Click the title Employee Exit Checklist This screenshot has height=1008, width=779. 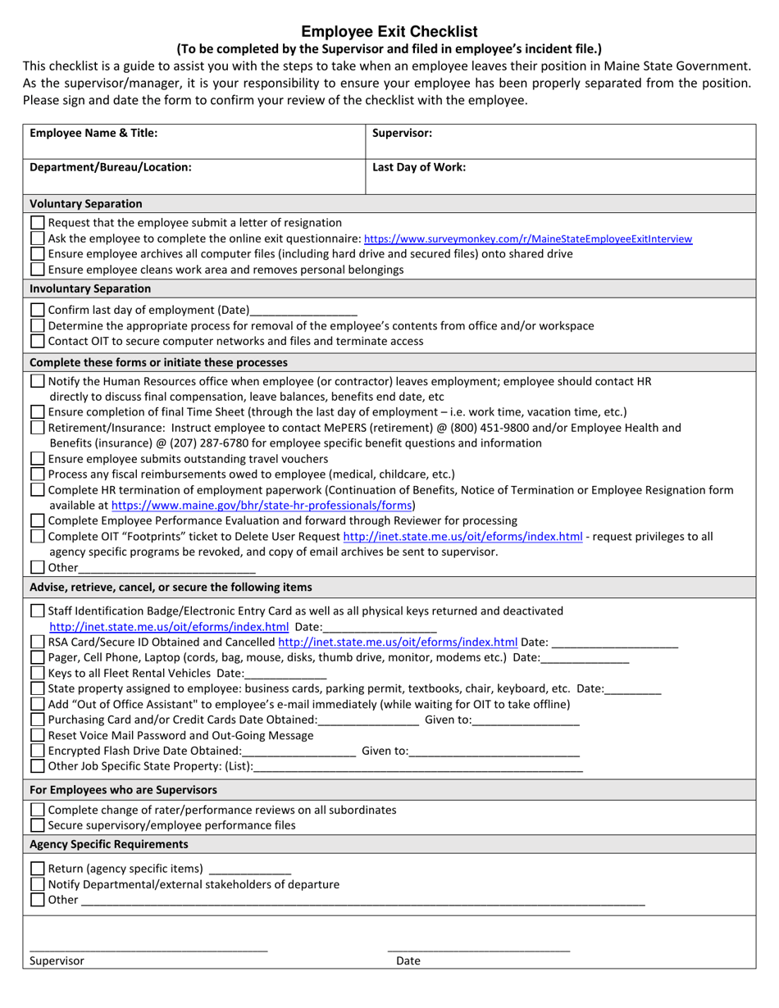tap(389, 32)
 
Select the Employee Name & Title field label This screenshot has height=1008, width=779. tap(93, 133)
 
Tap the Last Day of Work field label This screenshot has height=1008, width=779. tap(419, 167)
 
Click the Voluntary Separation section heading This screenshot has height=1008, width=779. tap(86, 203)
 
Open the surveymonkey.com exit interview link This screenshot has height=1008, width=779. tap(527, 239)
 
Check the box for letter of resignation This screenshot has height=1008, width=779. tap(38, 223)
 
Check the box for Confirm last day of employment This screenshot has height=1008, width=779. tap(38, 311)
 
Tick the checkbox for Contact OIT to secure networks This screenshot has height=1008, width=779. tap(38, 341)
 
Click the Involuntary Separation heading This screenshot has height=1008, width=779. tap(90, 288)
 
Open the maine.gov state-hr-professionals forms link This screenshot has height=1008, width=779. tap(262, 506)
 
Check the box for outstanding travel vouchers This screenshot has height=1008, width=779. tap(38, 459)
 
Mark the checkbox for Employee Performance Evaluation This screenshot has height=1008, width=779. tap(38, 520)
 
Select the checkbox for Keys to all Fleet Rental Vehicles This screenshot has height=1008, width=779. tap(38, 673)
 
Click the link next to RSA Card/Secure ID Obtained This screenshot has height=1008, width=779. tap(398, 642)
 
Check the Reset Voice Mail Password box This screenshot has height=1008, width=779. tap(38, 735)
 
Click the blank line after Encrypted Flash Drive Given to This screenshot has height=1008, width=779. tap(494, 751)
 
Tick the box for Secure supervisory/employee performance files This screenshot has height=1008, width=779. tap(38, 825)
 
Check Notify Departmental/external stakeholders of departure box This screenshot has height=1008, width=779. tap(38, 884)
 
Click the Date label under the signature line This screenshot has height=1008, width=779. tap(408, 960)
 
